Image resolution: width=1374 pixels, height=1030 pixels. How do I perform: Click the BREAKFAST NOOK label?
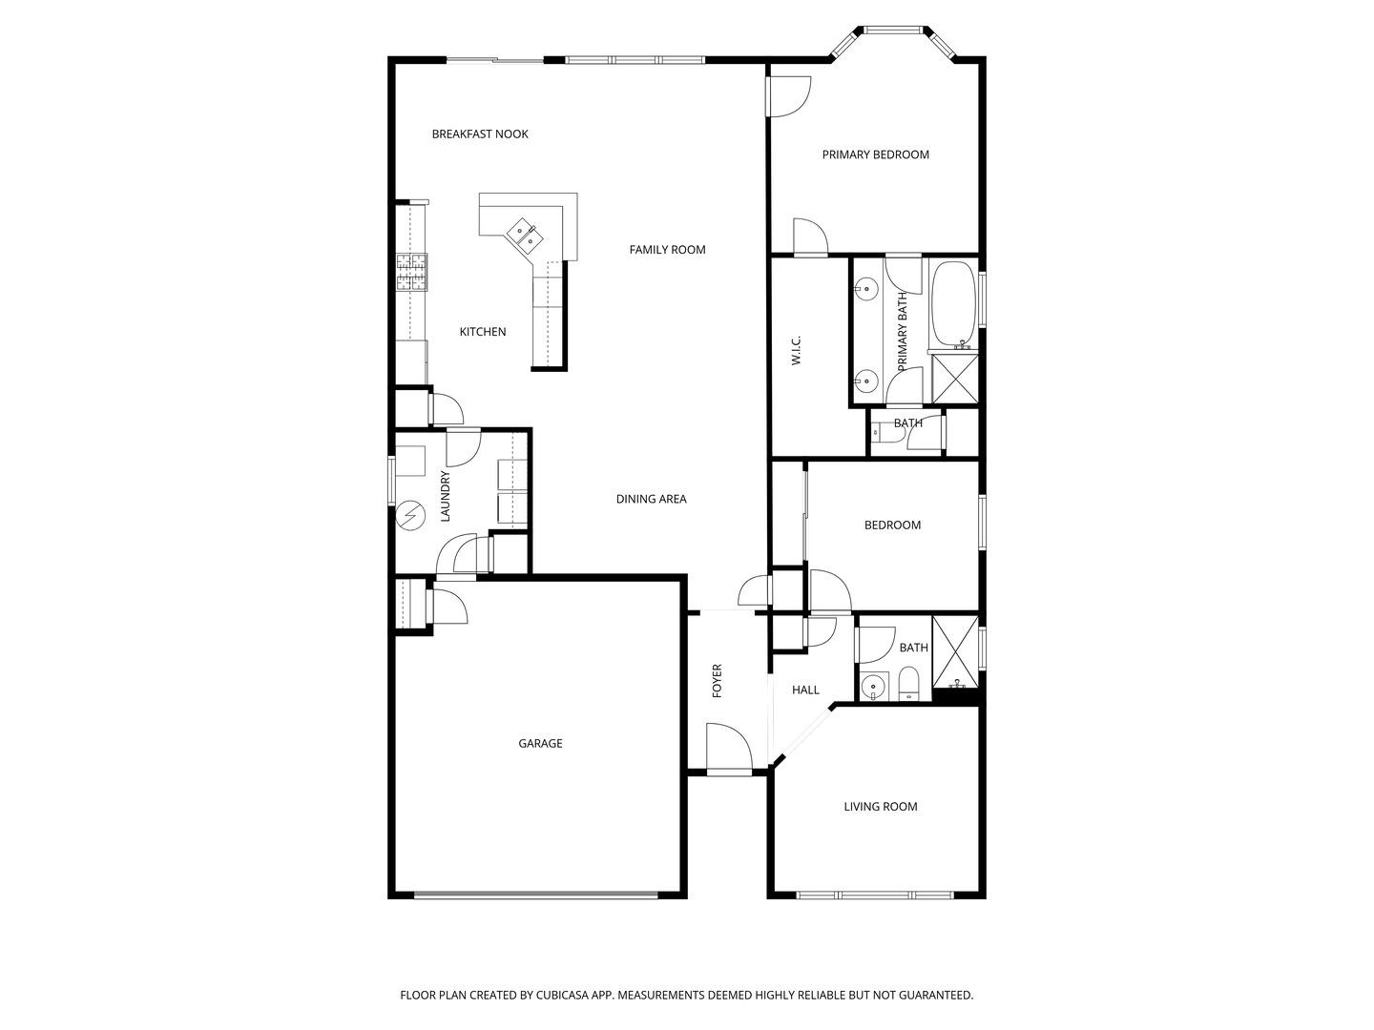coord(480,134)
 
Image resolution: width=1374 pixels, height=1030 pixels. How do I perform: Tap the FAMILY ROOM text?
coord(667,250)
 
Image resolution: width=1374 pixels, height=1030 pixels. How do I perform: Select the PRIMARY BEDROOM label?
coord(875,154)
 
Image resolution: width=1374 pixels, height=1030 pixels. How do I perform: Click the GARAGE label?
coord(540,743)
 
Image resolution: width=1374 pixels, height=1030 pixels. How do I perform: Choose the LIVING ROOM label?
coord(880,806)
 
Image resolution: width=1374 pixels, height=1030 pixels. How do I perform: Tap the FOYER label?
coord(717,680)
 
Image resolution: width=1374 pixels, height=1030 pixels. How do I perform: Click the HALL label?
coord(805,690)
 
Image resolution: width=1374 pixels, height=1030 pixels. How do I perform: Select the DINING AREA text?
coord(651,499)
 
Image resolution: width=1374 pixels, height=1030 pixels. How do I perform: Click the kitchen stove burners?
coord(411,272)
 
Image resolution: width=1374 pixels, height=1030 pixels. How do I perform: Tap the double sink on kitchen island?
coord(525,236)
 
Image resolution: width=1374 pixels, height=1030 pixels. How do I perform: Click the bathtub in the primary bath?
coord(953,303)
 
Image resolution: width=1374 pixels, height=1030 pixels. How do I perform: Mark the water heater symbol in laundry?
coord(410,516)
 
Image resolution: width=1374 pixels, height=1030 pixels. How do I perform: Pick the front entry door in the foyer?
coord(729,750)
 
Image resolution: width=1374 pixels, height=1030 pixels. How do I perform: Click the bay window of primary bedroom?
coord(892,43)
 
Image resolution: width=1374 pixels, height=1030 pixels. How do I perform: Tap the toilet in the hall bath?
coord(907,683)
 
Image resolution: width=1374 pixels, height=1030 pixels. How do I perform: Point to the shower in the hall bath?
coord(955,651)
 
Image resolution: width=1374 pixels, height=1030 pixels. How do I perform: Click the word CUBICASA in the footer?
coord(563,995)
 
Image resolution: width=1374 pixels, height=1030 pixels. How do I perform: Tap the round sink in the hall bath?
coord(872,688)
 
